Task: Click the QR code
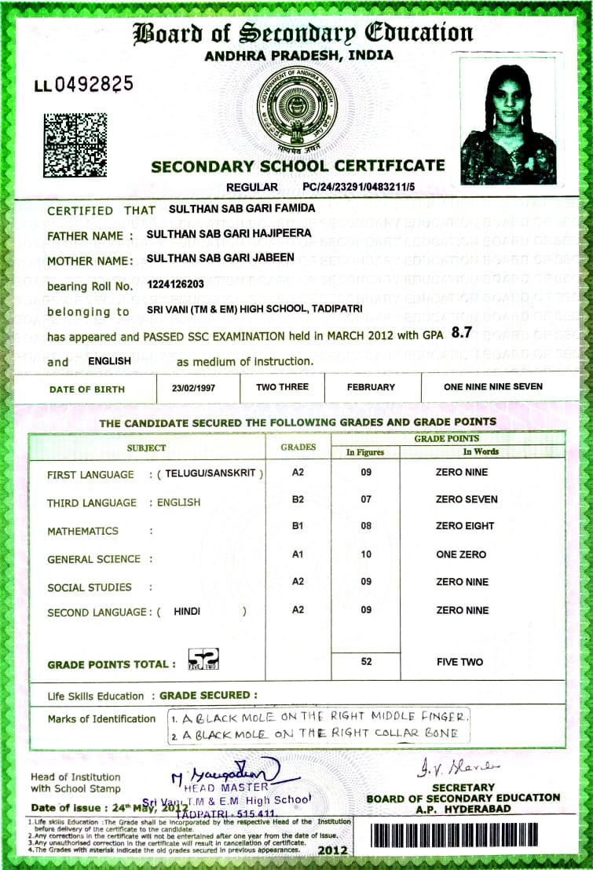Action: tap(75, 144)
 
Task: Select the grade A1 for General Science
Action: tap(297, 554)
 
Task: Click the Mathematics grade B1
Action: tap(297, 526)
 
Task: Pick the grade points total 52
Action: tap(366, 662)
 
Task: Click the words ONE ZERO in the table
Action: tap(461, 554)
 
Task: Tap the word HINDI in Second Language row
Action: tap(187, 611)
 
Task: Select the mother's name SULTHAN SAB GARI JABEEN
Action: tap(221, 258)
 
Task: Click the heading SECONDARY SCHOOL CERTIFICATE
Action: tap(298, 166)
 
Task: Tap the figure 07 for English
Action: tap(366, 499)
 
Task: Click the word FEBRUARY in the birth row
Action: tap(371, 387)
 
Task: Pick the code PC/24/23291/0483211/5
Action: tap(358, 187)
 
